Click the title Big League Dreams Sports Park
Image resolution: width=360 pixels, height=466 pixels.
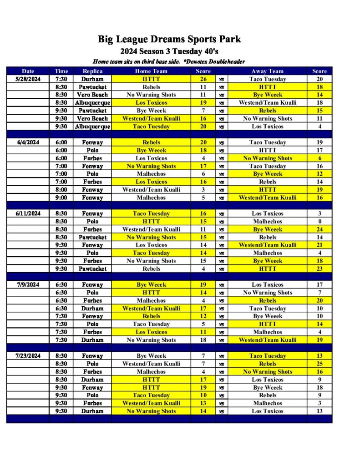coord(169,39)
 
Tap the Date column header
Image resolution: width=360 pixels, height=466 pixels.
coord(28,71)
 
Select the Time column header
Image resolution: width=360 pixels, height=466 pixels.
coord(61,71)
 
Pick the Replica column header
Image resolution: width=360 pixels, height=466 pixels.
coord(92,71)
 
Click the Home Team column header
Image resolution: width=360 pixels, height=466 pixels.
coord(151,71)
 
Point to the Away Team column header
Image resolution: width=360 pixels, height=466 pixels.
coord(267,71)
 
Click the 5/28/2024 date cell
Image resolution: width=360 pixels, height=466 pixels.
coord(28,79)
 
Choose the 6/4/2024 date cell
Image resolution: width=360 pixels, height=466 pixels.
coord(28,142)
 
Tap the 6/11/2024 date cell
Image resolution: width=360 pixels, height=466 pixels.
coord(28,213)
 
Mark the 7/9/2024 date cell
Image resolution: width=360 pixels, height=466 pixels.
coord(28,285)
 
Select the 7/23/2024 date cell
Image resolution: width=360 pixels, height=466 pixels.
coord(28,356)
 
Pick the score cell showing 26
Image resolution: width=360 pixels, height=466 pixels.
coord(203,79)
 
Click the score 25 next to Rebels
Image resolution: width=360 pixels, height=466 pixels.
coord(319,364)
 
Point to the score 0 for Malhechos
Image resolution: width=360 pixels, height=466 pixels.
coord(319,222)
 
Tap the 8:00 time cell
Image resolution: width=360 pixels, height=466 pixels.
coord(61,190)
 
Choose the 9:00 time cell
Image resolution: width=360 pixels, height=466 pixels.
coord(61,198)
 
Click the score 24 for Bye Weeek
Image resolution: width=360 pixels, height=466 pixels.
coord(319,229)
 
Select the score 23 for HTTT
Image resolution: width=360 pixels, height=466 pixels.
coord(319,269)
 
